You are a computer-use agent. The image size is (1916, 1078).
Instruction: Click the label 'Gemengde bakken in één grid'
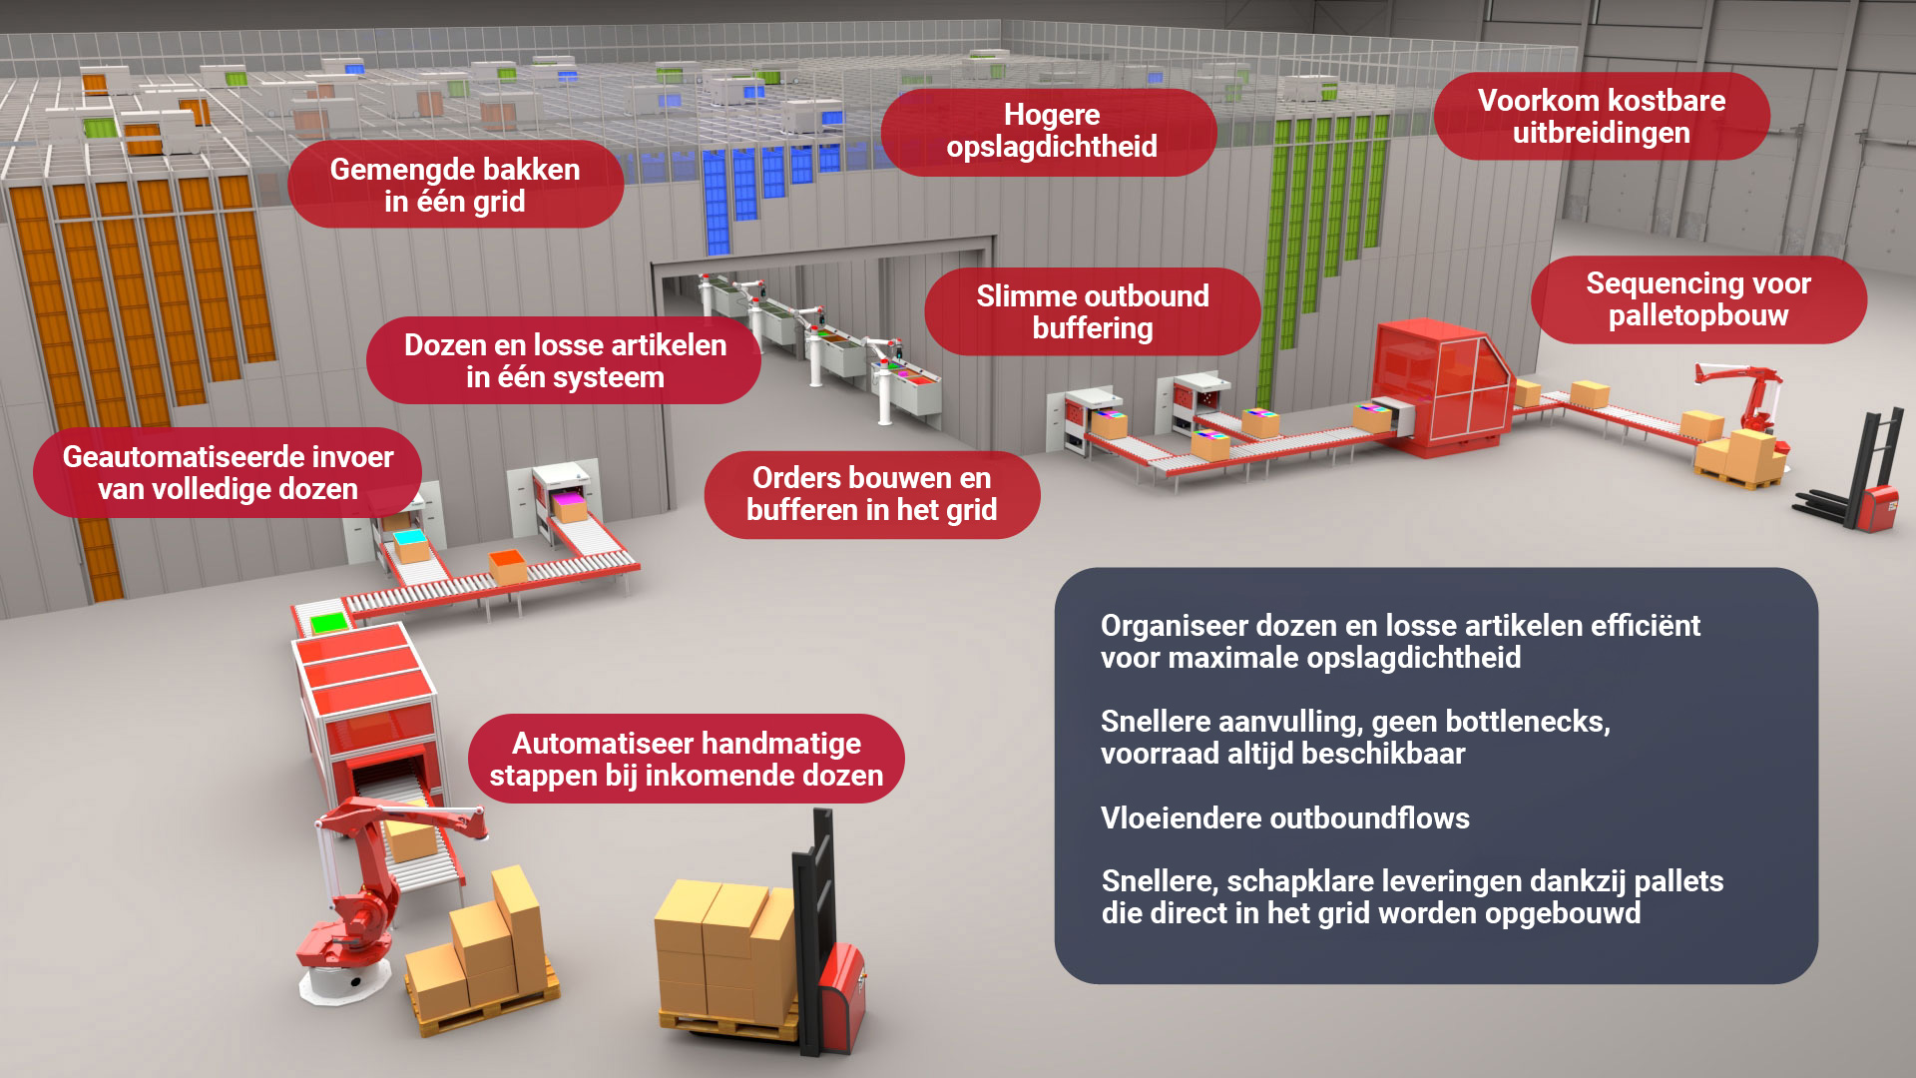click(455, 185)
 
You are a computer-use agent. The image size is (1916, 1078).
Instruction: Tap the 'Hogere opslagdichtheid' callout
click(1051, 131)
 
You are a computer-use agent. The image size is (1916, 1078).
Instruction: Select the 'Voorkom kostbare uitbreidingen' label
click(1601, 117)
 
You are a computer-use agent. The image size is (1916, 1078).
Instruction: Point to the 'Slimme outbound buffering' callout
click(1092, 311)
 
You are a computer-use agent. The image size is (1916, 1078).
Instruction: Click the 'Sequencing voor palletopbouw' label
click(1697, 299)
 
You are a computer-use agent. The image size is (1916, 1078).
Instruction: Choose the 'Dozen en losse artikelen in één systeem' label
click(565, 360)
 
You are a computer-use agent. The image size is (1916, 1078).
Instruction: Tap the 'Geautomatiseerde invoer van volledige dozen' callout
click(228, 472)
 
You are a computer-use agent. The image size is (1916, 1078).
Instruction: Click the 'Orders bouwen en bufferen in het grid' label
click(871, 494)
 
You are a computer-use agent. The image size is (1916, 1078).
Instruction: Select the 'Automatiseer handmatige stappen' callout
click(686, 759)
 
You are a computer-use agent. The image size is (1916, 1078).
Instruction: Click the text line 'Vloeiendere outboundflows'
click(1284, 818)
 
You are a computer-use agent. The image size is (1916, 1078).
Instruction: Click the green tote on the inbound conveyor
click(327, 624)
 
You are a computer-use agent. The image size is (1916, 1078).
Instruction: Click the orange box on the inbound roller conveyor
click(507, 565)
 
